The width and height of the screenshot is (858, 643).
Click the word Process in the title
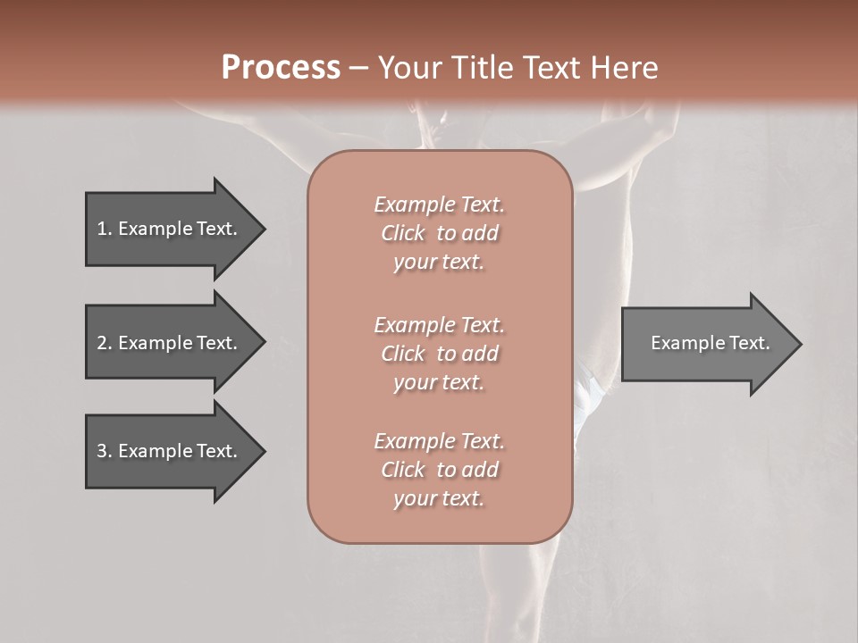tap(281, 68)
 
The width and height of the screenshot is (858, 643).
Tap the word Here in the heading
tap(625, 68)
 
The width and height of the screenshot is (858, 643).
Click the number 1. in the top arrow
tap(104, 229)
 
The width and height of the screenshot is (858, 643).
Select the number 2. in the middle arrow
tap(104, 343)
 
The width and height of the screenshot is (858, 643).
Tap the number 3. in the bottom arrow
tap(104, 451)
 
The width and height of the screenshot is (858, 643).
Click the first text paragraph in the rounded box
tap(439, 233)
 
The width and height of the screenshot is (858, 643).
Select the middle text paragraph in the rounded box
tap(439, 354)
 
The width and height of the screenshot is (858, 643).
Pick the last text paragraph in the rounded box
tap(439, 470)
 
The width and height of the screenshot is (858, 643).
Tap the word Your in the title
tap(408, 68)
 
